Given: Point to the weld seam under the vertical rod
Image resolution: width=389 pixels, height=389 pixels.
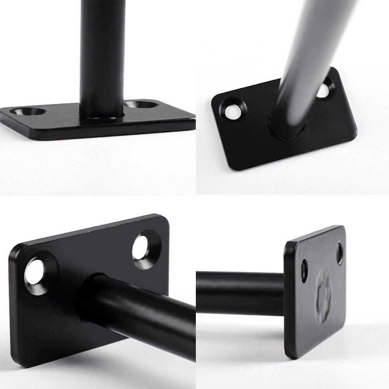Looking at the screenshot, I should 102,117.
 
